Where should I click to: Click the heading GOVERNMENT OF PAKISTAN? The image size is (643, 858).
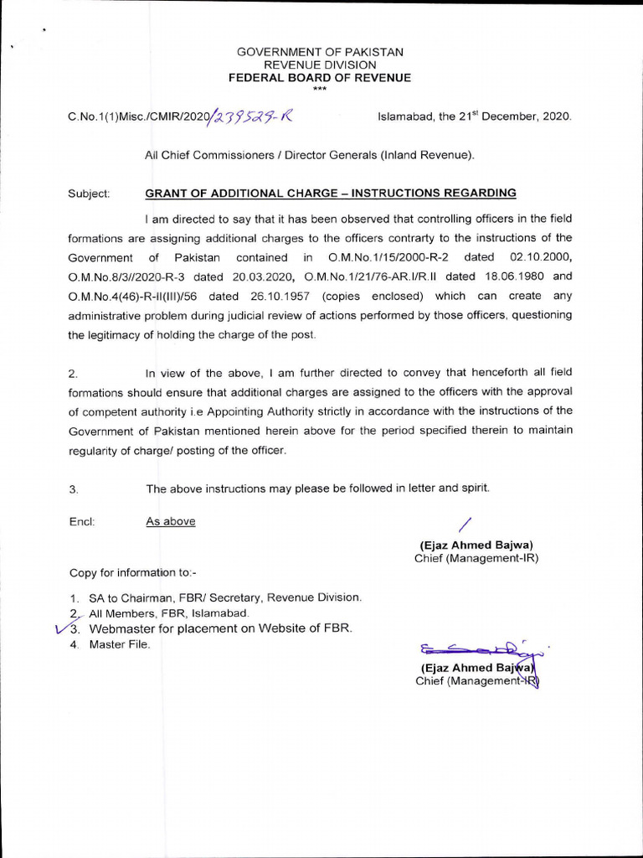320,52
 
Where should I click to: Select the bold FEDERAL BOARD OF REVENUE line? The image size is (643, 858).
320,78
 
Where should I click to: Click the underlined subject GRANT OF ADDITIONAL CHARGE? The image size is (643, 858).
331,194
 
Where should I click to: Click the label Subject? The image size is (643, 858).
89,194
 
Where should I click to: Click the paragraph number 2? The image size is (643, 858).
73,373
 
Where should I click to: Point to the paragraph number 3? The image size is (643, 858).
73,489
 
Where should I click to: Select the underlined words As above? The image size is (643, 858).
171,521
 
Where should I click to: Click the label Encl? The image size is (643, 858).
82,521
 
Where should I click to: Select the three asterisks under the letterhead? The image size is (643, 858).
320,89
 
